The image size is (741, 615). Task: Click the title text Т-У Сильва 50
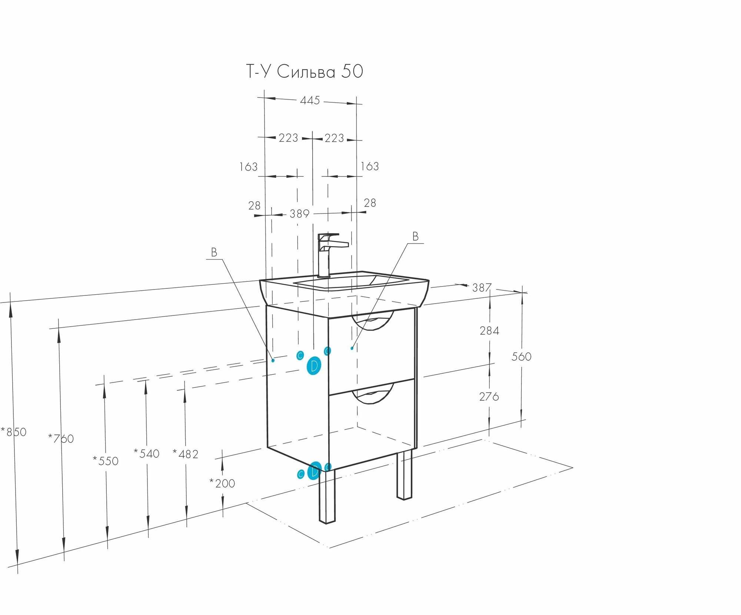tap(305, 72)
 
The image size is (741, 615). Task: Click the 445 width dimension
tap(310, 100)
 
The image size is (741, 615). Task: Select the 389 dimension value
tap(299, 214)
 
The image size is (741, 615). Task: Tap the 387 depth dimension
tap(482, 288)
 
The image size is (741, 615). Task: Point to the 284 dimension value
tap(489, 331)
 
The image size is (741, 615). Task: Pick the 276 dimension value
tap(489, 397)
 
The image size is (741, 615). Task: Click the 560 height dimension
tap(521, 357)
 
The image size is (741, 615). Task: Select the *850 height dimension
tap(14, 432)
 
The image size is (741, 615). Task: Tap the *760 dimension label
tap(61, 439)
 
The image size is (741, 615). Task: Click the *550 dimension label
tap(106, 461)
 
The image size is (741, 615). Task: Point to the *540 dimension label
tap(147, 453)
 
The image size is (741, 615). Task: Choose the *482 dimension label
tap(186, 454)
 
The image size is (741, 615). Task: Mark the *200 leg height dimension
tap(222, 483)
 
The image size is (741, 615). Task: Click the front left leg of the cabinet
tap(327, 497)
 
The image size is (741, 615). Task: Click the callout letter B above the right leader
tap(415, 237)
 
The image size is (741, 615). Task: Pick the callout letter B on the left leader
tap(214, 252)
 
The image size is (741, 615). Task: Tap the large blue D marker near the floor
tap(315, 472)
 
